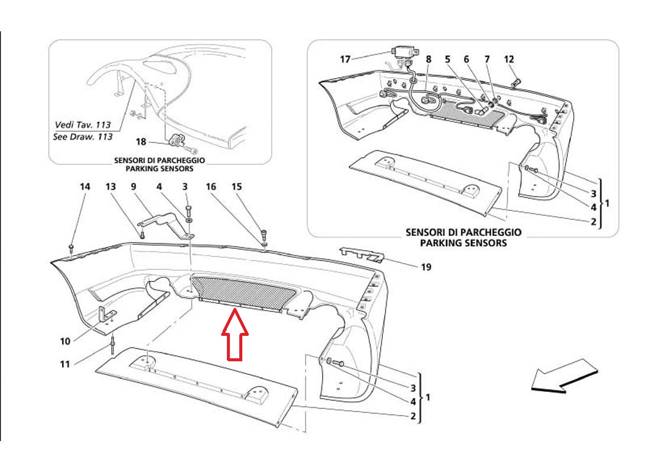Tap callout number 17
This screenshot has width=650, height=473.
(345, 59)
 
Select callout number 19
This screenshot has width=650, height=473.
(426, 267)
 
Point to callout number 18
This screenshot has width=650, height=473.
(141, 142)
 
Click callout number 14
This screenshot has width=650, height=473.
(84, 187)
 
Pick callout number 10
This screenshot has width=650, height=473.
(65, 341)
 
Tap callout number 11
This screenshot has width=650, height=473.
(64, 364)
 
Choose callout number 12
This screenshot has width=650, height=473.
(509, 59)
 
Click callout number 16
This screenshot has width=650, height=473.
(211, 187)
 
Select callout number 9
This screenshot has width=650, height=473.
(134, 187)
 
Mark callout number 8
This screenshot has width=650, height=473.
(428, 59)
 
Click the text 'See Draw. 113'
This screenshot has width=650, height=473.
(83, 137)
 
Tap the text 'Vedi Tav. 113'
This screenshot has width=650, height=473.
(83, 125)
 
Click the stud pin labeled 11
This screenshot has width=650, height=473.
(112, 345)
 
